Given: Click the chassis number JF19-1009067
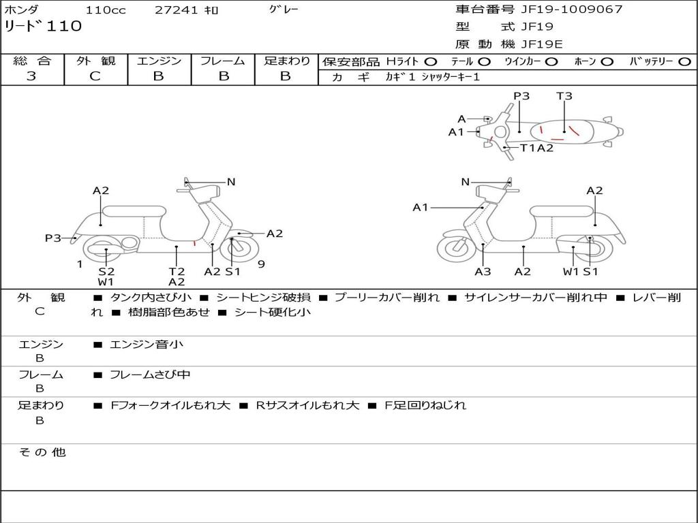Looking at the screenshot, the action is pyautogui.click(x=571, y=9).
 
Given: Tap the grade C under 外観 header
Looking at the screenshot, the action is pyautogui.click(x=95, y=76).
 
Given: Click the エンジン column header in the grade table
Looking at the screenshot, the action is pyautogui.click(x=159, y=61).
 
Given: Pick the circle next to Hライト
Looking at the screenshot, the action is pyautogui.click(x=431, y=62).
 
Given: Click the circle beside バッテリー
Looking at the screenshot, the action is pyautogui.click(x=684, y=62).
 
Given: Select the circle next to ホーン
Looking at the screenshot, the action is pyautogui.click(x=607, y=62).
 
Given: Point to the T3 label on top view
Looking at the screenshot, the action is pyautogui.click(x=564, y=95).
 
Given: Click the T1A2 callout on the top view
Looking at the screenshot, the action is pyautogui.click(x=537, y=148).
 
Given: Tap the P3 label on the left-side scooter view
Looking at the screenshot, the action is pyautogui.click(x=53, y=238).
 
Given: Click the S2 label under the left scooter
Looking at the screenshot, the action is pyautogui.click(x=106, y=271).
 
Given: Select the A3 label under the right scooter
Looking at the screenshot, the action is pyautogui.click(x=483, y=271).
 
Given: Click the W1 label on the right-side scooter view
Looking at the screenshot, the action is pyautogui.click(x=571, y=271).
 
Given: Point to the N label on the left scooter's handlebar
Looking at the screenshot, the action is pyautogui.click(x=231, y=182).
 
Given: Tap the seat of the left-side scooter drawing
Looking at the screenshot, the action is pyautogui.click(x=134, y=211).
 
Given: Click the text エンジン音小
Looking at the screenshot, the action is pyautogui.click(x=147, y=344).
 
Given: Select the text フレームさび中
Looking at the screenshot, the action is pyautogui.click(x=150, y=375).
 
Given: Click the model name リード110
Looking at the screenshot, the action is pyautogui.click(x=43, y=27).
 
